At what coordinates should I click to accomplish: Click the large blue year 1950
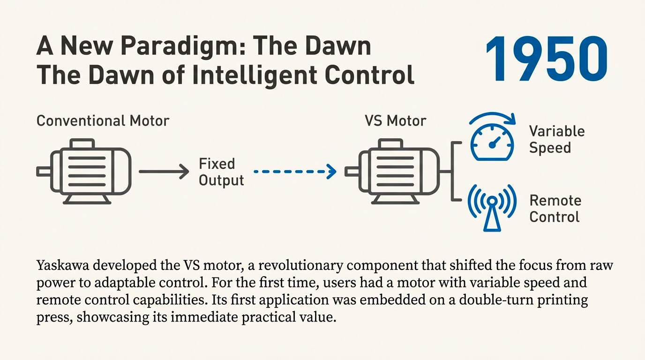pos(547,60)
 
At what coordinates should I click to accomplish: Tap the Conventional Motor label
pos(103,120)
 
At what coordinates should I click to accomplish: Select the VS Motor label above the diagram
pos(395,120)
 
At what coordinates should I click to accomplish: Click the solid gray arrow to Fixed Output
pos(164,172)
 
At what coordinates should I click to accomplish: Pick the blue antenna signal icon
pos(492,207)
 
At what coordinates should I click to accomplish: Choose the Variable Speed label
pos(556,139)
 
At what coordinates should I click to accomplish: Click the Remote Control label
pos(555,209)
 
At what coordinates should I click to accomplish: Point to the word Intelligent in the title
pos(256,75)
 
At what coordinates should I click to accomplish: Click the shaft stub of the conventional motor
pos(43,172)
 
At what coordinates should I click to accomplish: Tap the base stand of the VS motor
pos(395,199)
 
